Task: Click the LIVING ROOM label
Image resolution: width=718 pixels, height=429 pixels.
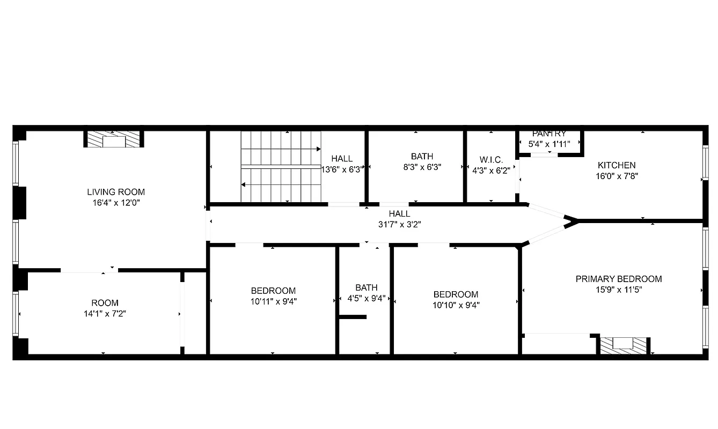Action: point(116,192)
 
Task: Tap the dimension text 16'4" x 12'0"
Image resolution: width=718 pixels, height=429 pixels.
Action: point(116,203)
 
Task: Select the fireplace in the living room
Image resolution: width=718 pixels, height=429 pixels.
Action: point(114,140)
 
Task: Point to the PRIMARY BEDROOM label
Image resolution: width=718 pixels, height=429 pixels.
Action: point(618,279)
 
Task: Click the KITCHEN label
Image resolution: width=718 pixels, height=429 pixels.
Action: point(617,165)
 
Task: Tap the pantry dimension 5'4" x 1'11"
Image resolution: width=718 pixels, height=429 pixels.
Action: point(549,144)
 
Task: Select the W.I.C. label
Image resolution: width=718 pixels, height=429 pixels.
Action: point(491,160)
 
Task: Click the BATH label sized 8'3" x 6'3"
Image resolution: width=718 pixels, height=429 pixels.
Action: point(422,157)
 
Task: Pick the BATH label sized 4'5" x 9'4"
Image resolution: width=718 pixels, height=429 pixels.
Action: point(366,287)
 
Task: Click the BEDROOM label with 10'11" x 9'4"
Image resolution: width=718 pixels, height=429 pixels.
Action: point(273,291)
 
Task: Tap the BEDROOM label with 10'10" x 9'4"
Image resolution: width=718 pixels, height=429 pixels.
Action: point(456,294)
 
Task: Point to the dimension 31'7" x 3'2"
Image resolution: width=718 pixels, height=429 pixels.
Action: point(399,225)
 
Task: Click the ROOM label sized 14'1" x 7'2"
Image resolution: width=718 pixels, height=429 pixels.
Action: point(105,303)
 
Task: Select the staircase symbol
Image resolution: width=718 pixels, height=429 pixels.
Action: point(280,167)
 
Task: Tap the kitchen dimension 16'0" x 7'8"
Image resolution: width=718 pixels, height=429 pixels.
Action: point(617,175)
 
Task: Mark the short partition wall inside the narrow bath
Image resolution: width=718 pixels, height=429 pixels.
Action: point(353,317)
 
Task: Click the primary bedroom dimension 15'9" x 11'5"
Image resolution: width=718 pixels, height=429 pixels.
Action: point(618,290)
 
